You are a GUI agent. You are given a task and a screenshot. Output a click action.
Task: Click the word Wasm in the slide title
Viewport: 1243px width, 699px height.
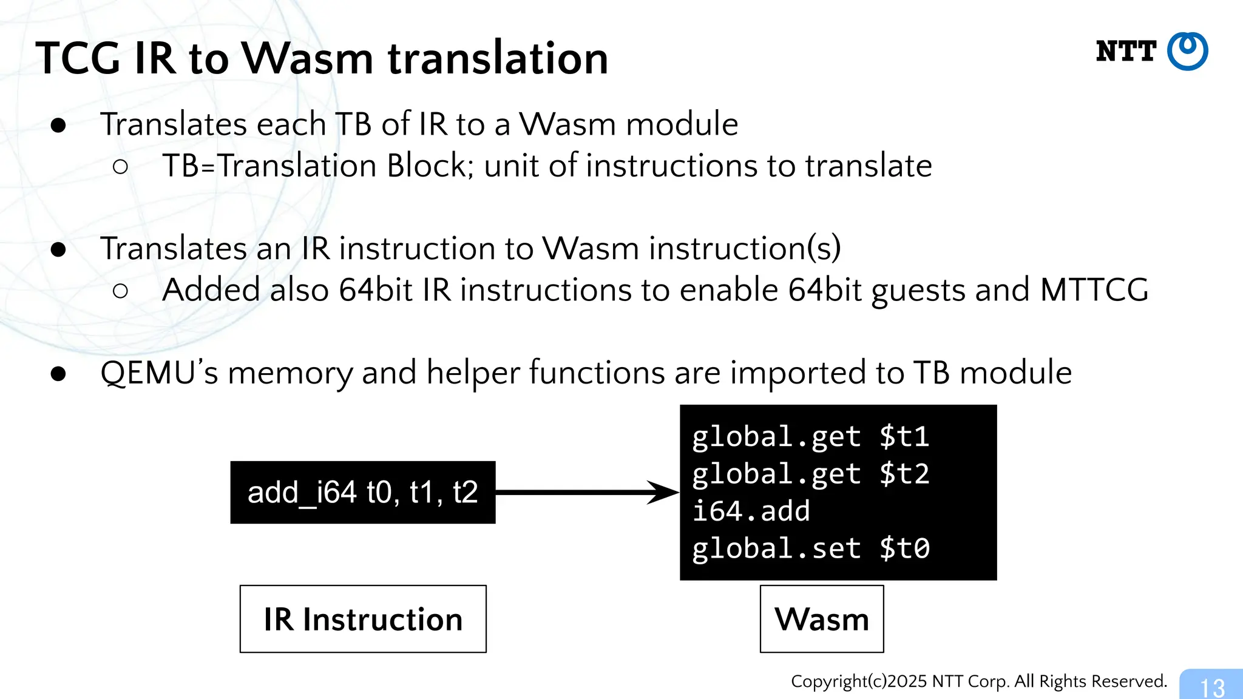(x=308, y=59)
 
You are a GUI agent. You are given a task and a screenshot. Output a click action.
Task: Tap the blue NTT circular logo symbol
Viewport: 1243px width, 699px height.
(x=1188, y=52)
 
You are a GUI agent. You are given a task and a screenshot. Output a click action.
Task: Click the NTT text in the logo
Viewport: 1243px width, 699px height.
(x=1126, y=52)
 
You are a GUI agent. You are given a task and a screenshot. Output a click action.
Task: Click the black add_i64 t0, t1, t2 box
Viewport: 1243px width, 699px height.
(x=362, y=492)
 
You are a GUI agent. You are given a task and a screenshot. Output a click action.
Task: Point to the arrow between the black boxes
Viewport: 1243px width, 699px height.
(x=586, y=492)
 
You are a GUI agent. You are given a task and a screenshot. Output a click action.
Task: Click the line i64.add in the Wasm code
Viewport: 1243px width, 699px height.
(x=751, y=511)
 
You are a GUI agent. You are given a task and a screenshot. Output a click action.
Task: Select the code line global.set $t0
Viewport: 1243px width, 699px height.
(x=810, y=549)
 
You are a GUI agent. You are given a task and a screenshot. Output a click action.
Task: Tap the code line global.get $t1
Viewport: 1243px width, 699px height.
(x=810, y=437)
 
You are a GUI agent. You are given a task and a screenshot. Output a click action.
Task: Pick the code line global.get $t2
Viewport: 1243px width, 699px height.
(x=810, y=474)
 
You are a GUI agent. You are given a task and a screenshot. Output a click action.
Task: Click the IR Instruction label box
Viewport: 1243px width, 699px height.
(x=363, y=619)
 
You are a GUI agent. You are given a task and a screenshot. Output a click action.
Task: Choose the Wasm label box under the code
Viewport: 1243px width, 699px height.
(x=822, y=619)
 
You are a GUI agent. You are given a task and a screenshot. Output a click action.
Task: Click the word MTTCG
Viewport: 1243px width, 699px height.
(x=1094, y=289)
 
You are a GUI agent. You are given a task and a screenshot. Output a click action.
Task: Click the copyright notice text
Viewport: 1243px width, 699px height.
(x=978, y=681)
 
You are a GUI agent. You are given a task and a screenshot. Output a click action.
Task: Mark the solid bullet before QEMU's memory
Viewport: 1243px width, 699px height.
(x=58, y=374)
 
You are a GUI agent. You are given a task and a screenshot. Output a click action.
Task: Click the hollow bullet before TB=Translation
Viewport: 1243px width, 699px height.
(x=120, y=167)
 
